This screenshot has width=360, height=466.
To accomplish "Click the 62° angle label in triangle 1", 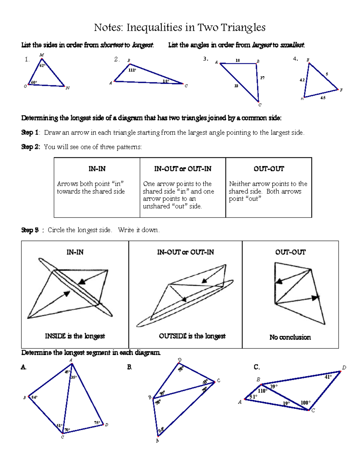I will [42, 65].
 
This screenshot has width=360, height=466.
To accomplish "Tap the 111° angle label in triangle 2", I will [132, 70].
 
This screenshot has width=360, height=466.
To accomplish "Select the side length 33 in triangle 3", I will [236, 86].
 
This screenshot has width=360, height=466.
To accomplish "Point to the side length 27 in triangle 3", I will [262, 78].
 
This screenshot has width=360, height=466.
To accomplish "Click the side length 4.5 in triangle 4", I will [323, 98].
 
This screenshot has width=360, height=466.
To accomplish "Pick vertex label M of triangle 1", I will [41, 55].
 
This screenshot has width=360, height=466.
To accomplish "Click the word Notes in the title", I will [108, 28].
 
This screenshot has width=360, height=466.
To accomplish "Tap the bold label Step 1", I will [30, 133].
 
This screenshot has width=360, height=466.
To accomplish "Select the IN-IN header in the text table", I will [97, 169].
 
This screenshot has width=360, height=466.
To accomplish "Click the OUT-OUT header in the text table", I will [268, 169].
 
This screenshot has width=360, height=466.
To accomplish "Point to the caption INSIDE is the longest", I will [75, 336].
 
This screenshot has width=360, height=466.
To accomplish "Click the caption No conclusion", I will [290, 337].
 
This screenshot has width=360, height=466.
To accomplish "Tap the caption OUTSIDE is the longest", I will [192, 336].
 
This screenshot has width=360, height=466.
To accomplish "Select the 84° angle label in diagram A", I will [34, 397].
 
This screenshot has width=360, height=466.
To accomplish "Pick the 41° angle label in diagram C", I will [328, 377].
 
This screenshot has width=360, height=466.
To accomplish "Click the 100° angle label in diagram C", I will [305, 403].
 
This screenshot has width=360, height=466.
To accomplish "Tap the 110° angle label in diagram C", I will [262, 391].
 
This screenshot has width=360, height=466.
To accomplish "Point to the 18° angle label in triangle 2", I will [166, 81].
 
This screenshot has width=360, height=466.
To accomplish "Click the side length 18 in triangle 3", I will [238, 60].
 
